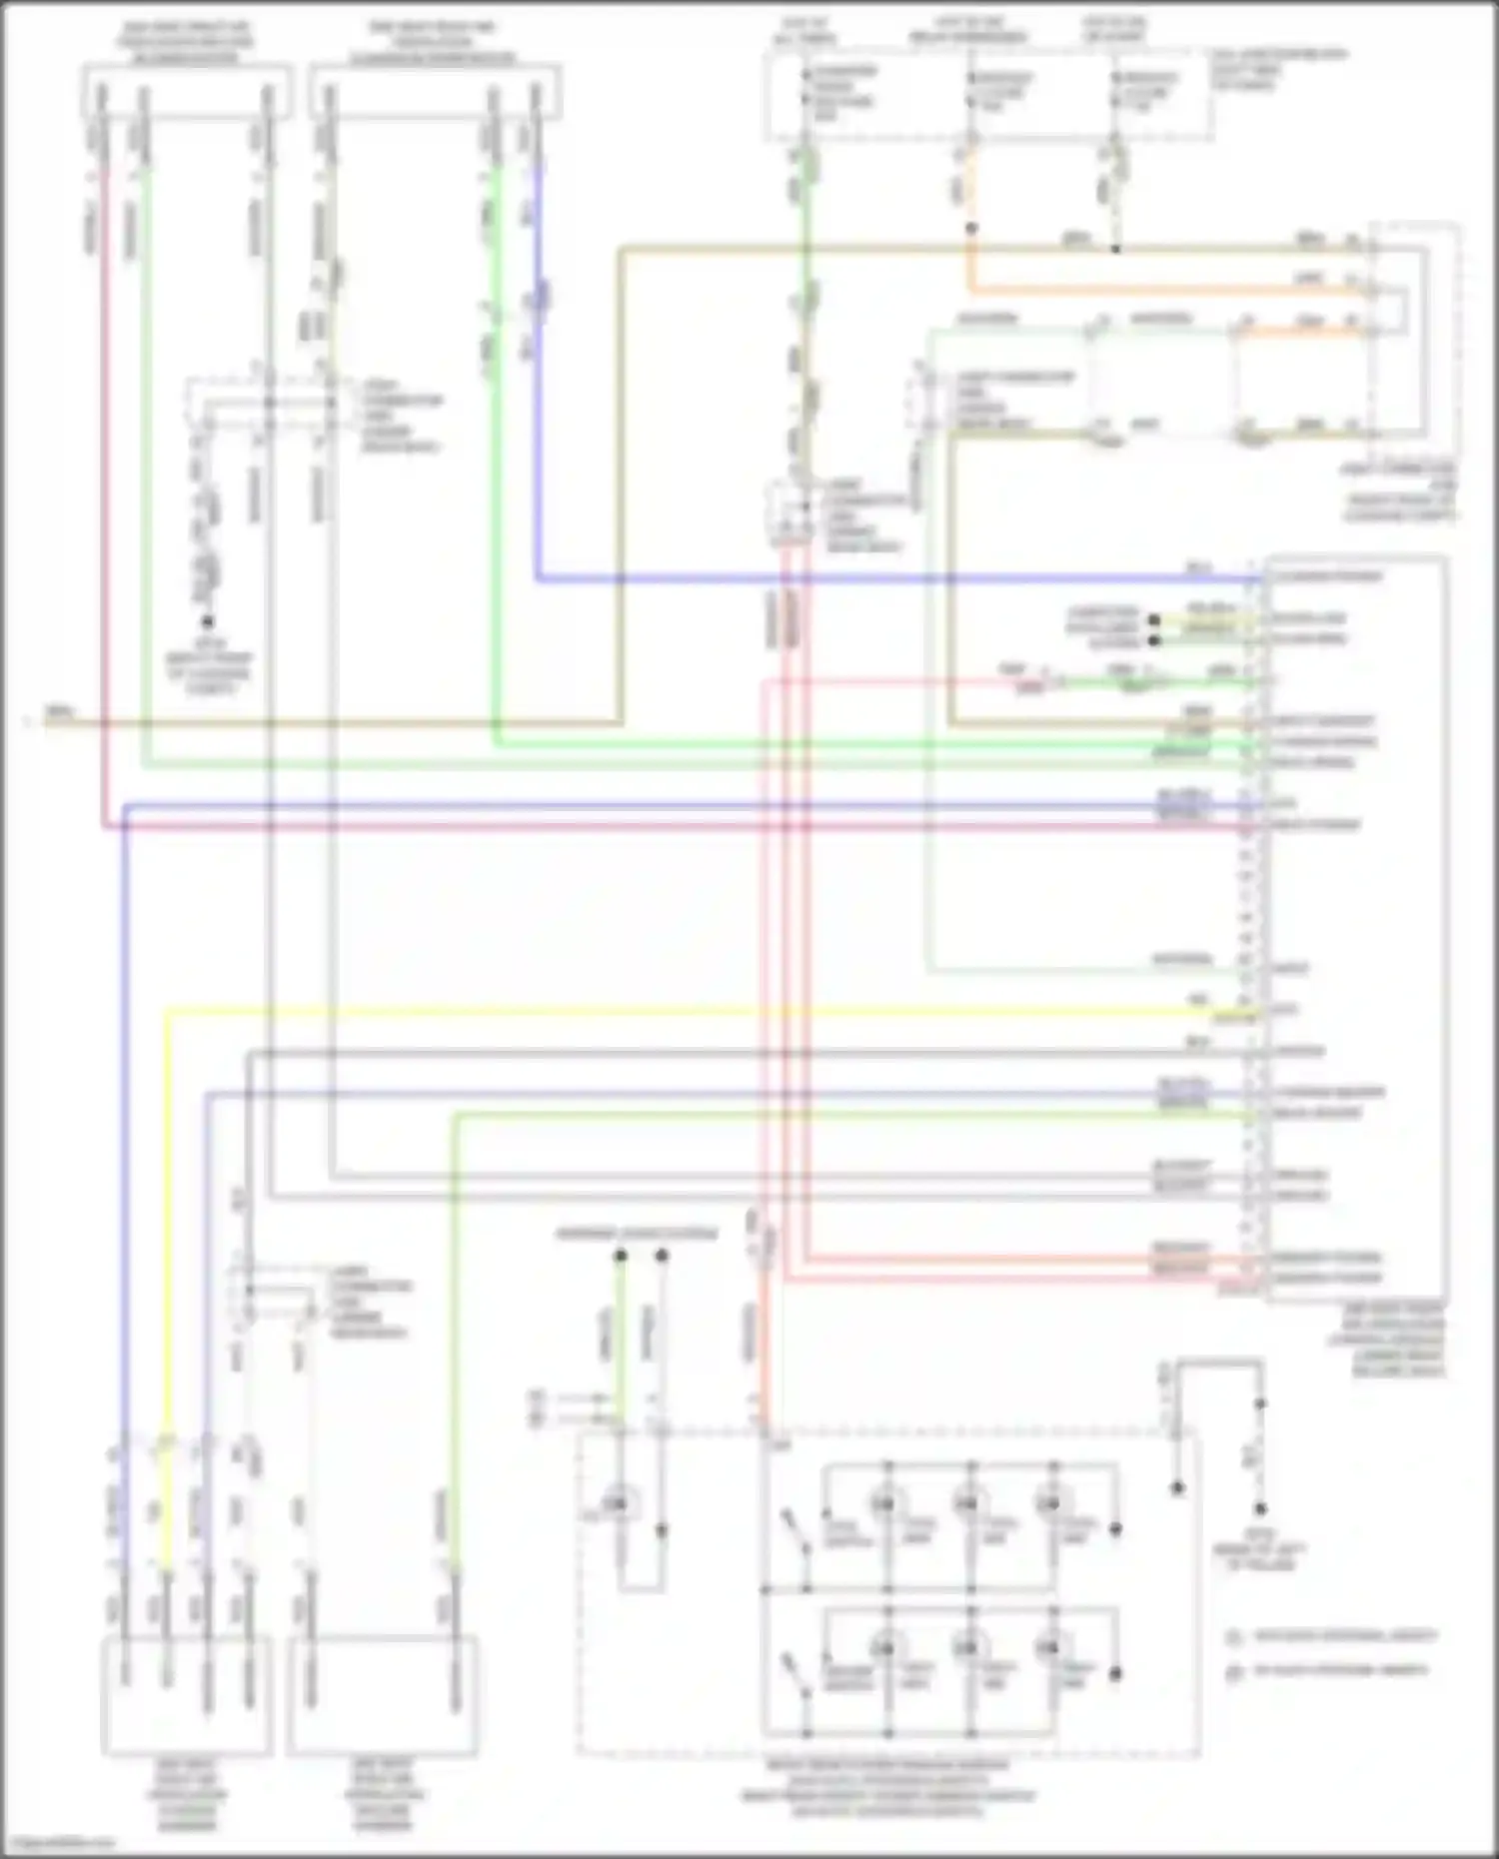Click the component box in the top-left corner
(187, 92)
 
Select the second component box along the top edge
(436, 92)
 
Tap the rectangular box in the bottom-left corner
(187, 1694)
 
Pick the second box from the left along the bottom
(382, 1694)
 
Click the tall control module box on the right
(1356, 929)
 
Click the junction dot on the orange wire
(969, 229)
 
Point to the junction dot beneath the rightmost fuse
(1115, 248)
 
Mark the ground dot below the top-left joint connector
(209, 621)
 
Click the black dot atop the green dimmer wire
(620, 1255)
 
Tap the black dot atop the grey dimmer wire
(662, 1255)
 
